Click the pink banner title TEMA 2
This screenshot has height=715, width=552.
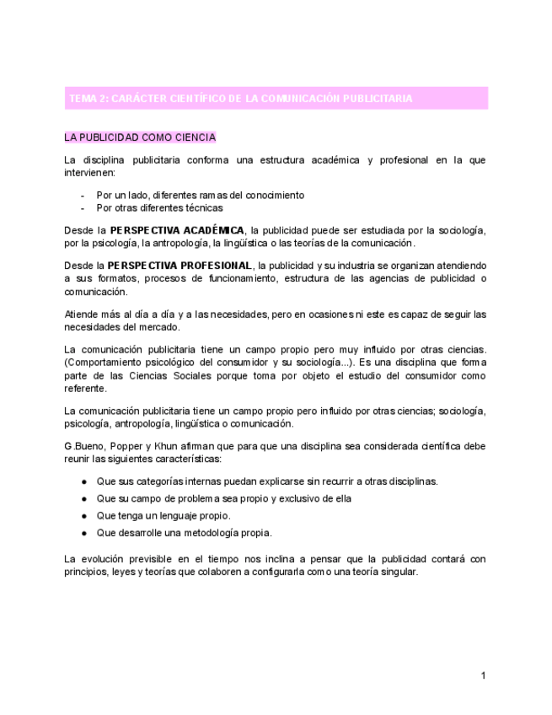(240, 99)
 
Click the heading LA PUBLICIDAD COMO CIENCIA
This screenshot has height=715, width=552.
(140, 137)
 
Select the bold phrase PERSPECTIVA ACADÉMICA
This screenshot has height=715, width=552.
(177, 230)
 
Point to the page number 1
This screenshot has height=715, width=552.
(483, 675)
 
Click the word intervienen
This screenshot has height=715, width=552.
(89, 173)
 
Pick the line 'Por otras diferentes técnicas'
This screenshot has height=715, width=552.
(159, 207)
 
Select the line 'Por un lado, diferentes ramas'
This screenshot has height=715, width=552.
(200, 195)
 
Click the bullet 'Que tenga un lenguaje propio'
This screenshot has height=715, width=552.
(163, 515)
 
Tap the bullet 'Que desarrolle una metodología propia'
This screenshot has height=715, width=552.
(184, 533)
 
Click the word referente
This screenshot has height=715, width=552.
(85, 389)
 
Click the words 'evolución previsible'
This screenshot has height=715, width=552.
(125, 559)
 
